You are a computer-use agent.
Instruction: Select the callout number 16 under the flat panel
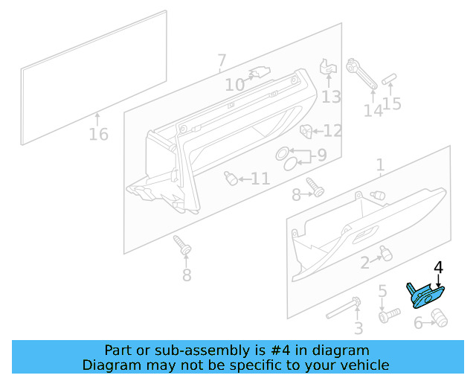(x=98, y=135)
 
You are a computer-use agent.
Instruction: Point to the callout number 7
(x=222, y=60)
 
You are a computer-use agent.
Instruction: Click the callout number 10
(x=234, y=86)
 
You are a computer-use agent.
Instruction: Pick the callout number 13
(x=331, y=97)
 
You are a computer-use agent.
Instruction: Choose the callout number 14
(x=373, y=110)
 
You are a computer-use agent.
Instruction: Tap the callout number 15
(x=392, y=103)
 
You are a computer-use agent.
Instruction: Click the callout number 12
(x=332, y=131)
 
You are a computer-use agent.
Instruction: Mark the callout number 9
(x=321, y=156)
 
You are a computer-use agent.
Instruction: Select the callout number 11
(x=260, y=179)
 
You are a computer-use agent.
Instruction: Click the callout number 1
(x=380, y=164)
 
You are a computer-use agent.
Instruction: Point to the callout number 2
(x=365, y=263)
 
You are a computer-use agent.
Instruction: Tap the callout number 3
(x=358, y=328)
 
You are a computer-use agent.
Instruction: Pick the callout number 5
(x=382, y=291)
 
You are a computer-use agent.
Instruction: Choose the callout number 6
(x=418, y=323)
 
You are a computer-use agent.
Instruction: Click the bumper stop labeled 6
(x=439, y=318)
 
